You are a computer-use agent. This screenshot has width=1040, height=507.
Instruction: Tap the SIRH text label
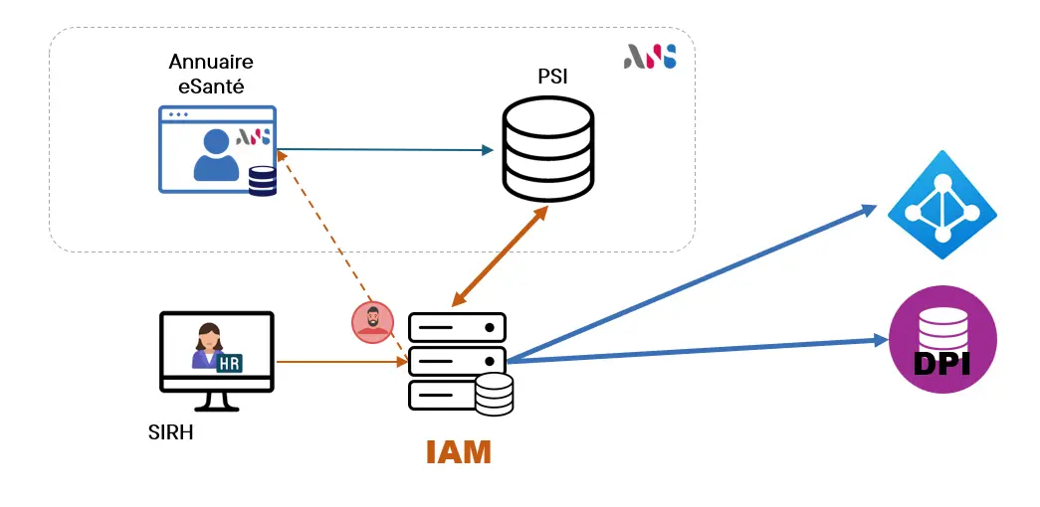[169, 430]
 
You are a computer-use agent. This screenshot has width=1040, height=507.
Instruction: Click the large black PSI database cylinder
[548, 150]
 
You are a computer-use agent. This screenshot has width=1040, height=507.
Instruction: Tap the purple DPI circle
[941, 338]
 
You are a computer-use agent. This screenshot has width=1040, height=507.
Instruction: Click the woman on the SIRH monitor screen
[208, 347]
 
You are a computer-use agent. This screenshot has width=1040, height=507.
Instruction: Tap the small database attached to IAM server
[494, 394]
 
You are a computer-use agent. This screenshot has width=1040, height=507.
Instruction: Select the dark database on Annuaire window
[263, 180]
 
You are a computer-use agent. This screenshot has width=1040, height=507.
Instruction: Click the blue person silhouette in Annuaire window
[216, 156]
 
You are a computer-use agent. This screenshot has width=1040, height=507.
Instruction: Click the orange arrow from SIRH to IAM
[338, 362]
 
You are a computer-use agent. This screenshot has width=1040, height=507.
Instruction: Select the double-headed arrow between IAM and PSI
[500, 256]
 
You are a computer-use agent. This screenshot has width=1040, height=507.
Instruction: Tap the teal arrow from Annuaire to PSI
[388, 150]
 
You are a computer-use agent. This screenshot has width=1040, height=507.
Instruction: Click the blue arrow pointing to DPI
[697, 351]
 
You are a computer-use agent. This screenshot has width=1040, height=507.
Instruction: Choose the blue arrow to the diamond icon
[697, 282]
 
